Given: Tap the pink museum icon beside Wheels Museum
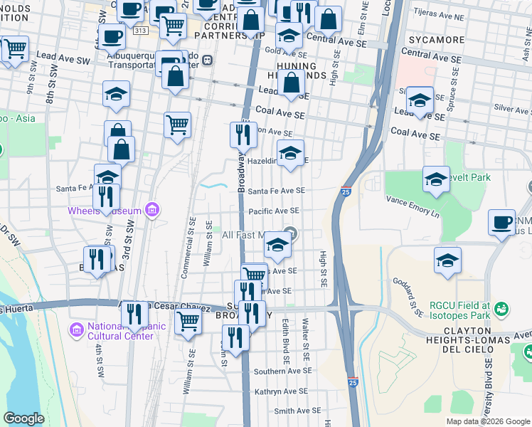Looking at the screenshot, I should (x=151, y=209).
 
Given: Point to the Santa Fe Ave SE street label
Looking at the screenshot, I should (x=277, y=191).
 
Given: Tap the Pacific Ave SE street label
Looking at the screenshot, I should (x=274, y=211).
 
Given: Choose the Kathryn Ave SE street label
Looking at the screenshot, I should (x=281, y=391).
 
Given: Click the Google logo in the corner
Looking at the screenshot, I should (x=23, y=418).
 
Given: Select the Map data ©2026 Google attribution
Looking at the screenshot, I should (x=487, y=421).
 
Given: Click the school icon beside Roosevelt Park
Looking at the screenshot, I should (x=436, y=179).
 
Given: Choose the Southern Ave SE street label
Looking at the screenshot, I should (x=283, y=371).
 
